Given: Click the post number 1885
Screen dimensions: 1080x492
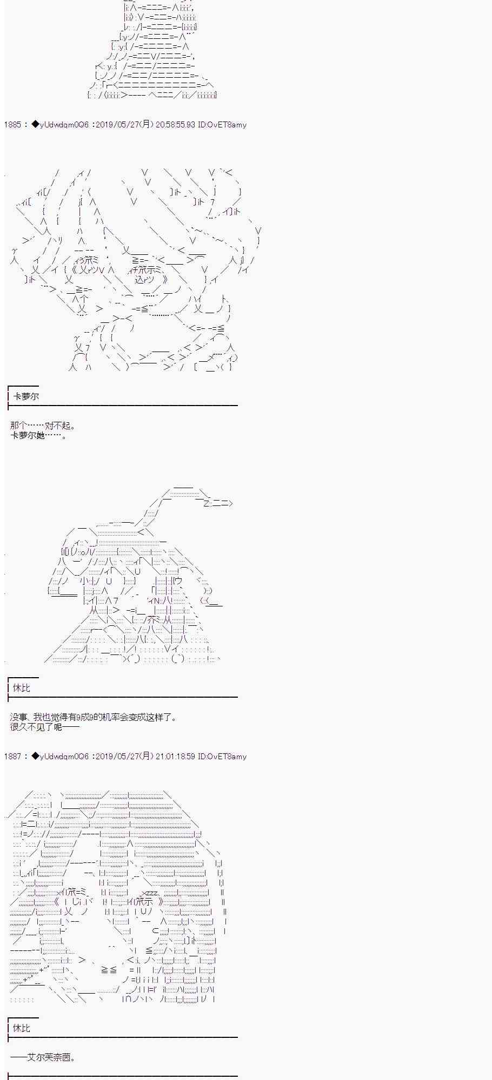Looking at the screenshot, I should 12,125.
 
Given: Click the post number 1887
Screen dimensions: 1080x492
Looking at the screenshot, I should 12,757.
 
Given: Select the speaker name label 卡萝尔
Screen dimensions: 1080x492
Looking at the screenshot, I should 26,396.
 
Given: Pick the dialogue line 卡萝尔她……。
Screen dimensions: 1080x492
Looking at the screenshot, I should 38,435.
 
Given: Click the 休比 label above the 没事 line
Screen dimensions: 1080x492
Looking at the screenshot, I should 22,688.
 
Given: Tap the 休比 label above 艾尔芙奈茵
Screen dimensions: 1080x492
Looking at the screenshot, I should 22,1028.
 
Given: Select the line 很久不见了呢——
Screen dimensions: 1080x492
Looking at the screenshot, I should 44,727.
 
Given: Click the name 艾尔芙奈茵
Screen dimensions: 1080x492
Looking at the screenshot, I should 48,1058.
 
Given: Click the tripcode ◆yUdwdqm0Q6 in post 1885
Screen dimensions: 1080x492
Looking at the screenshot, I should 59,125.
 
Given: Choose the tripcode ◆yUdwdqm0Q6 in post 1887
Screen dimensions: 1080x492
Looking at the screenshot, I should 59,757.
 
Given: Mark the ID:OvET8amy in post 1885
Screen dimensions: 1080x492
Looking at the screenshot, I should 222,125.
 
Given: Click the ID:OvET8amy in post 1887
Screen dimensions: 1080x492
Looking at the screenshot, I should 222,757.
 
